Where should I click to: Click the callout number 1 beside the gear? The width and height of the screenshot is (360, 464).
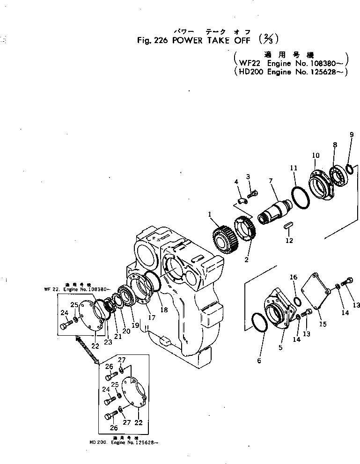[x=210, y=214]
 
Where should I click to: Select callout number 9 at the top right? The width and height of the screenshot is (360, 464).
[x=352, y=135]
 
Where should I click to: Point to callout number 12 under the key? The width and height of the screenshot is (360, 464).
[x=289, y=241]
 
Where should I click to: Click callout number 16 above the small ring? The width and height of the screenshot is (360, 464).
[x=294, y=278]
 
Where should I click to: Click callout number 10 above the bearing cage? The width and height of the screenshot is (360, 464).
[x=316, y=155]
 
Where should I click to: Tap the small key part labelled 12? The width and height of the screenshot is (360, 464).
[x=288, y=226]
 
